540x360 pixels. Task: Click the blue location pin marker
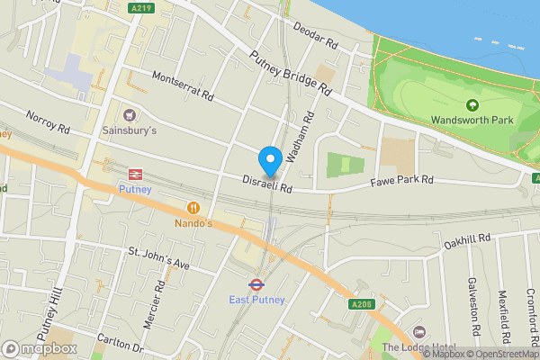coord(269,161)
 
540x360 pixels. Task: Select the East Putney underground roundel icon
coord(256,284)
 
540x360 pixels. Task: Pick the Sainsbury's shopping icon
coord(130,114)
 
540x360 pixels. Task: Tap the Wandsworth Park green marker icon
coord(471,104)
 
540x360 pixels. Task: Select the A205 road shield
coord(361,304)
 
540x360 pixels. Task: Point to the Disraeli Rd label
coord(268,184)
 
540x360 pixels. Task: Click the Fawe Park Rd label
coord(402,181)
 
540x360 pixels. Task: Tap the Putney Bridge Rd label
coord(291,72)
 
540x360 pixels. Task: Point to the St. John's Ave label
coord(158,258)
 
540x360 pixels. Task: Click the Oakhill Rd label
coord(467,240)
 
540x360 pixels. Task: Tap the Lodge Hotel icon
coord(418,333)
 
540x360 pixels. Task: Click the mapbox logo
coord(38,348)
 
